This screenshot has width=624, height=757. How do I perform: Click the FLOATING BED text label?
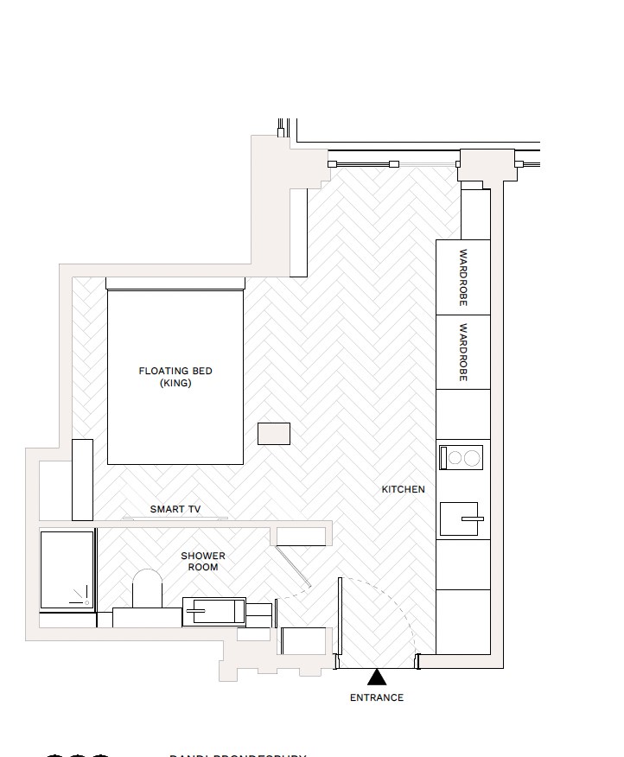pos(175,371)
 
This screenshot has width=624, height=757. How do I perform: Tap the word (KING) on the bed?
pos(175,383)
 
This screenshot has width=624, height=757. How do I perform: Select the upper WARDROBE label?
pos(463,277)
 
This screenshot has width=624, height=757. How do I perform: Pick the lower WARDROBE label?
pos(463,353)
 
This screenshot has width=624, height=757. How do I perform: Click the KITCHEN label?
pos(404,489)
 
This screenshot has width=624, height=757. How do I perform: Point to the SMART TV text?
pos(175,510)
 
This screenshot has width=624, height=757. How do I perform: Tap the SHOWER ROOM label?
pos(203,562)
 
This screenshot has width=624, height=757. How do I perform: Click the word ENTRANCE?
pos(377,697)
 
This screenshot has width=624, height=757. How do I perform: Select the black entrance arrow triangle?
pos(377,677)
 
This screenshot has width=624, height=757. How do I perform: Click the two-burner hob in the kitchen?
pos(461,457)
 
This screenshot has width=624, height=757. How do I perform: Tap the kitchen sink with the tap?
pos(462,519)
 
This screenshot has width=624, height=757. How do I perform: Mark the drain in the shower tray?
pos(86,601)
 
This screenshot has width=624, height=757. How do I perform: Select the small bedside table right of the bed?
pos(274,433)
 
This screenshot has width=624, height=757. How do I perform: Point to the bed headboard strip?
pos(175,283)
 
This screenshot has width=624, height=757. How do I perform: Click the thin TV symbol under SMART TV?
pos(175,518)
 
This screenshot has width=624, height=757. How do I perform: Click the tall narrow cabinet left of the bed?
pos(82,480)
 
